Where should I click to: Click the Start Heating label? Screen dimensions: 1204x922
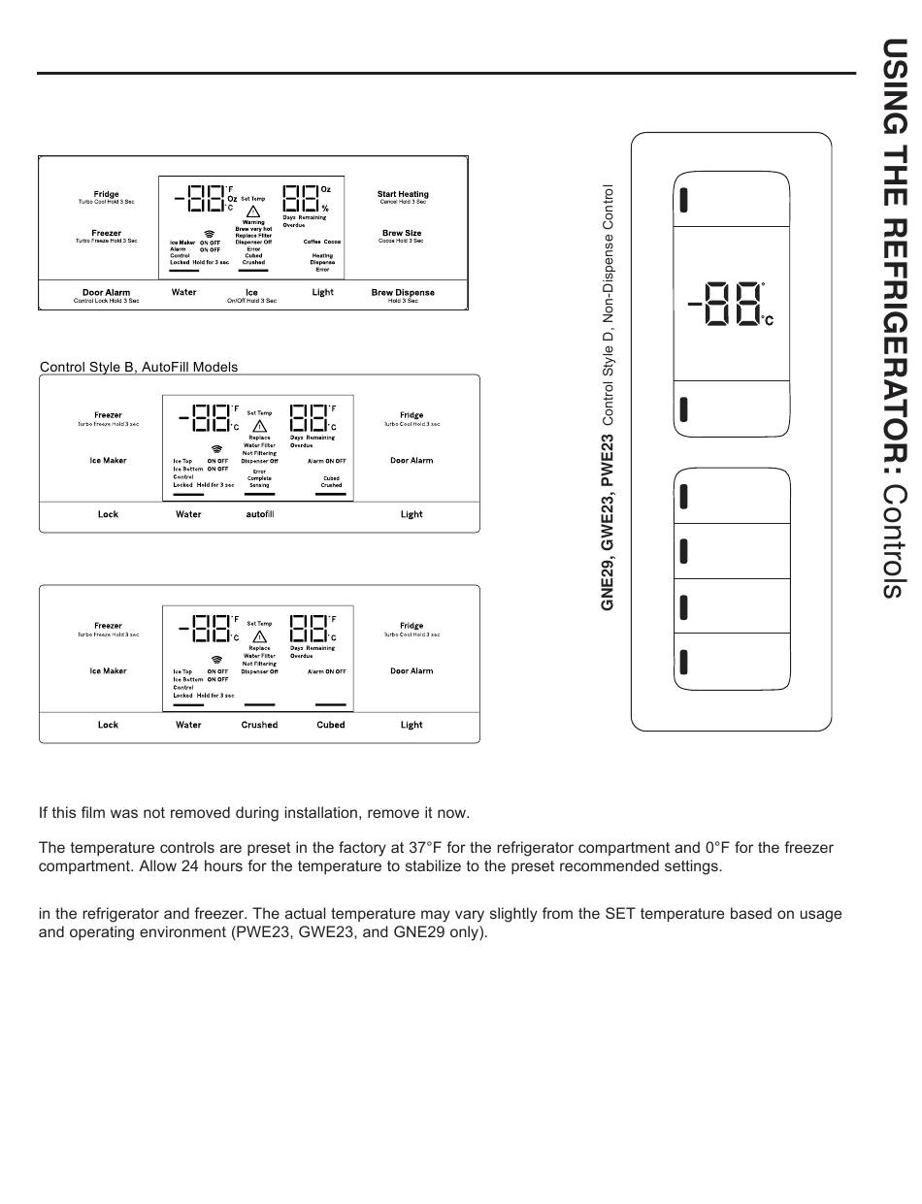403,194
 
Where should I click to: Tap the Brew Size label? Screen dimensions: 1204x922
402,233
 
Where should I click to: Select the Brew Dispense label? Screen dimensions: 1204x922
403,292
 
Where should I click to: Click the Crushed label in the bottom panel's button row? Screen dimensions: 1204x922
259,725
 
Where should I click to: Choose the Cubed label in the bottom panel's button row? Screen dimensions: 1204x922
331,725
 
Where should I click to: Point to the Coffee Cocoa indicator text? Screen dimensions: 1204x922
322,242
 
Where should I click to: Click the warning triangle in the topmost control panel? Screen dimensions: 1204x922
252,212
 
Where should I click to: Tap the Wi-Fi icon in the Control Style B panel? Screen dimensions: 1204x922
217,449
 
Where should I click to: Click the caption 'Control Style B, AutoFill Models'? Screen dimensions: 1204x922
139,367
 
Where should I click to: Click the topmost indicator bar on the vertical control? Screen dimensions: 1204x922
683,200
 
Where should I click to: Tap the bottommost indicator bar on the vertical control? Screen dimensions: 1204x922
683,663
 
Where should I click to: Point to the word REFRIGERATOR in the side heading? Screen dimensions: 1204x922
895,345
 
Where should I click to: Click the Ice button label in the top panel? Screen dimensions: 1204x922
251,292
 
